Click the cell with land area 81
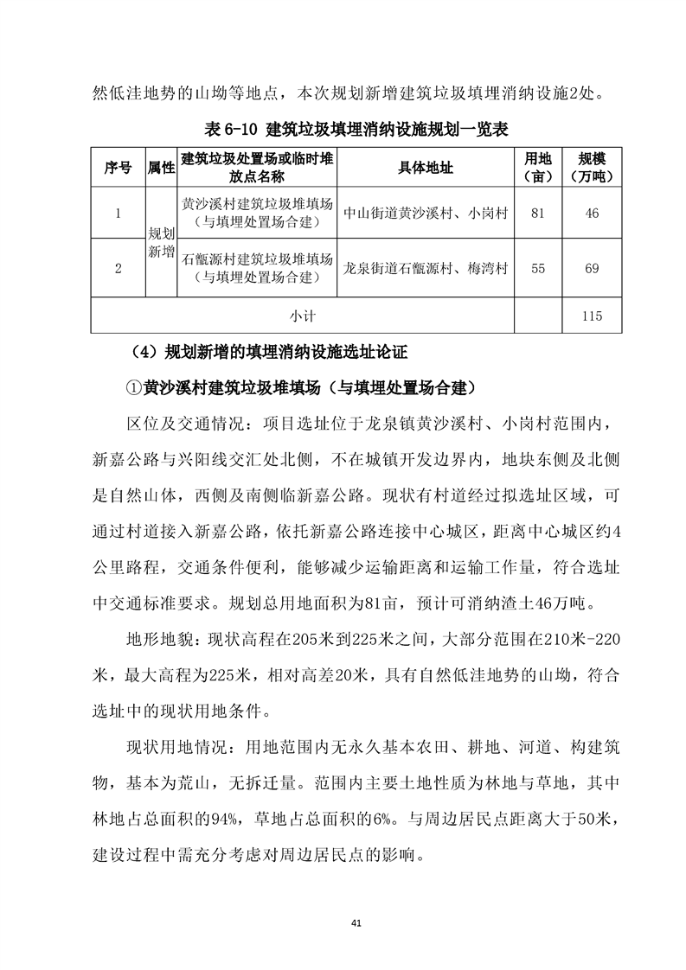tap(537, 214)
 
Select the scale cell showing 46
tap(592, 214)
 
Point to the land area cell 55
tap(537, 268)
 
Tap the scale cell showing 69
tap(592, 268)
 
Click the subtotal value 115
tap(592, 316)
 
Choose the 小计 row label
tap(303, 316)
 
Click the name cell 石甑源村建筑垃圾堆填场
tap(257, 259)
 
